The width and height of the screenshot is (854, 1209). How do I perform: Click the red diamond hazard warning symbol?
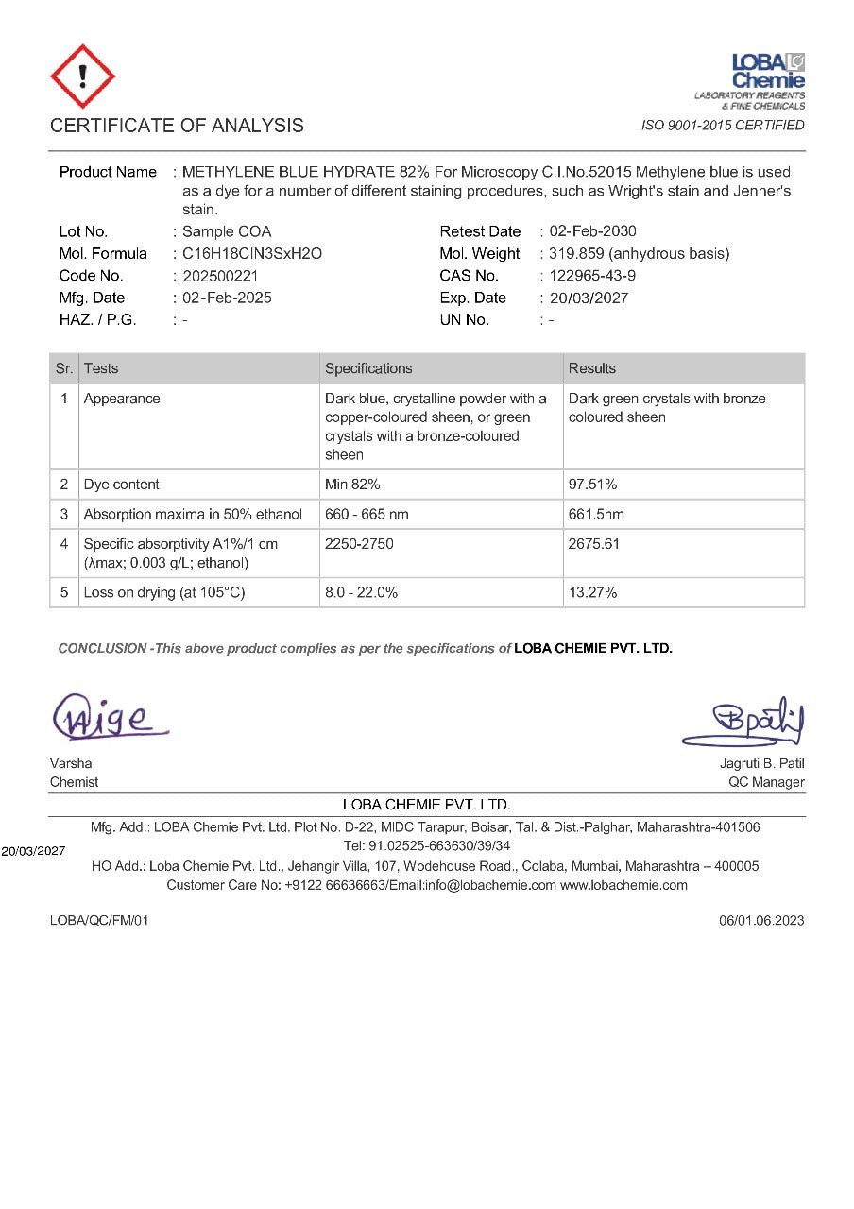[82, 77]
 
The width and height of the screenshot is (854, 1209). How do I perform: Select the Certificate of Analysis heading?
[177, 126]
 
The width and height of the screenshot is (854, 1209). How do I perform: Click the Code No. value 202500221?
[220, 276]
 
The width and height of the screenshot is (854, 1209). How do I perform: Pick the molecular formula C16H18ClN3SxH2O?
[252, 253]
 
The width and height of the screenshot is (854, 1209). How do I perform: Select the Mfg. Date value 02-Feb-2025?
[227, 298]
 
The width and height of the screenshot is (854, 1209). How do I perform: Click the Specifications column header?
[368, 368]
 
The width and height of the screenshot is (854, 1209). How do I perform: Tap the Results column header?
[592, 368]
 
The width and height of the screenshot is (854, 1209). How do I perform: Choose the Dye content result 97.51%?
[592, 485]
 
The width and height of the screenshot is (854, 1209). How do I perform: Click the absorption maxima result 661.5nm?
[596, 515]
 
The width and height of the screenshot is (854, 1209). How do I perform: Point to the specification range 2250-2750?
[359, 544]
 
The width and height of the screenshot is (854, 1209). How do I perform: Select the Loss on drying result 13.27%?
[592, 593]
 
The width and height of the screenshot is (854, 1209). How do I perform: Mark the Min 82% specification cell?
[352, 485]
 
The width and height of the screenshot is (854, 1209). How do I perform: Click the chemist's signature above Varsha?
[110, 717]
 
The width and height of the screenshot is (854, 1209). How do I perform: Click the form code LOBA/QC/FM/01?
[99, 920]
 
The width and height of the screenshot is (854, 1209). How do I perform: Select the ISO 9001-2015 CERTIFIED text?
[723, 126]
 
